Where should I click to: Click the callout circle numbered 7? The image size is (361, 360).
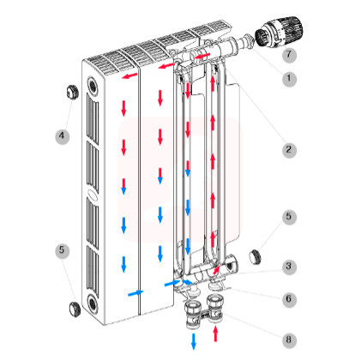click(289, 55)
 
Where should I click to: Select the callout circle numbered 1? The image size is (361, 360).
click(289, 78)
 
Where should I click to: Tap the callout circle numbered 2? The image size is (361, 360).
click(289, 150)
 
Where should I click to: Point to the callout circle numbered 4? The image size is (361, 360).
click(62, 136)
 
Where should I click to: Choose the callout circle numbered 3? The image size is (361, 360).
click(289, 267)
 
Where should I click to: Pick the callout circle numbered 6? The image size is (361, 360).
click(289, 300)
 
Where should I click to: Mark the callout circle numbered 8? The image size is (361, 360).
click(289, 340)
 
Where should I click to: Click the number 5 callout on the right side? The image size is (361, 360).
click(289, 217)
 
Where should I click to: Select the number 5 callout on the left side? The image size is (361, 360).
click(62, 251)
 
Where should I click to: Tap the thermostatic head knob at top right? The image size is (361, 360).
click(279, 32)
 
